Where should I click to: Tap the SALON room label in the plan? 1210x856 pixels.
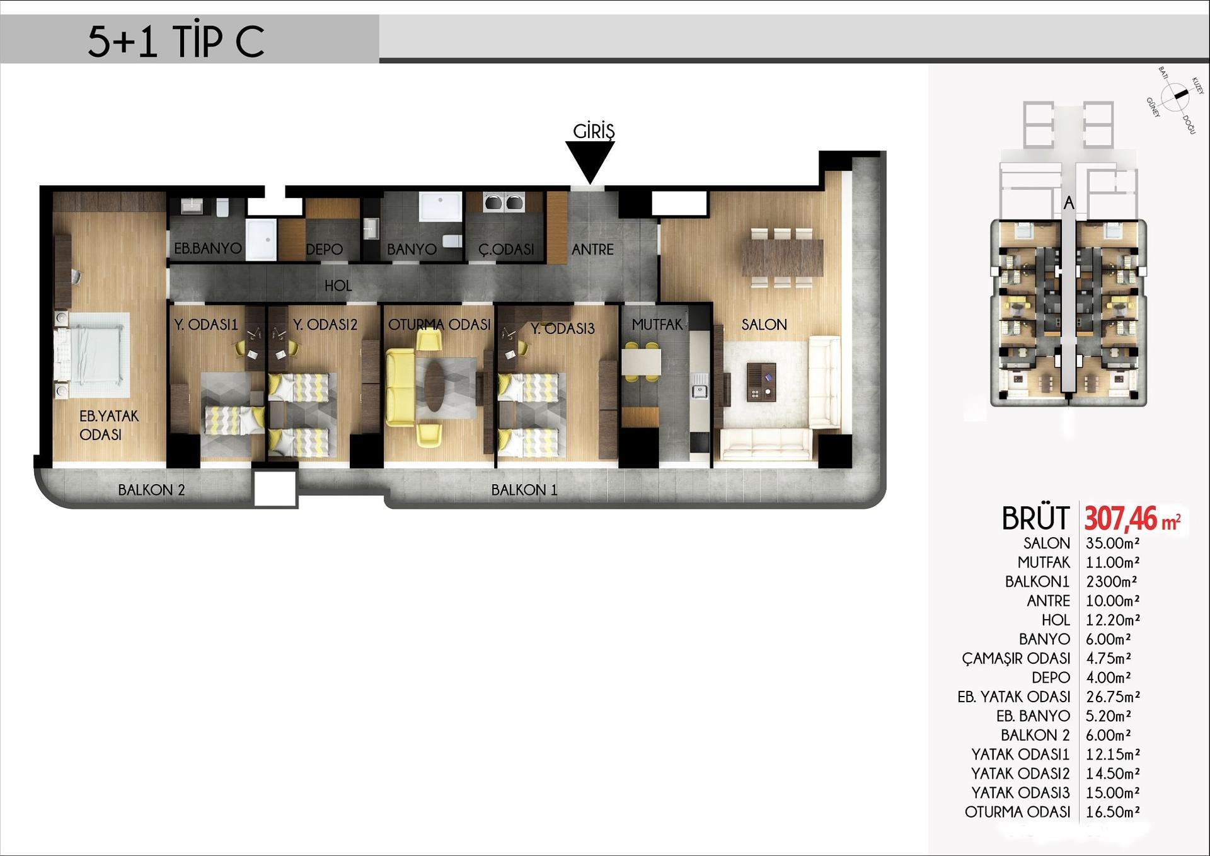point(764,325)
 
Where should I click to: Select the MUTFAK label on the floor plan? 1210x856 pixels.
point(657,325)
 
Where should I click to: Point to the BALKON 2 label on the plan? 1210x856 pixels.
point(151,490)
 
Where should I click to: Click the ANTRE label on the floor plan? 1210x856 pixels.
point(592,250)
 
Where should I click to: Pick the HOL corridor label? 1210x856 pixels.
point(338,286)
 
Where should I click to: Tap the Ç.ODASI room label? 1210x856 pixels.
point(506,250)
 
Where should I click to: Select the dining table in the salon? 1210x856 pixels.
point(782,258)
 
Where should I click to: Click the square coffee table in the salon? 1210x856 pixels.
point(761,382)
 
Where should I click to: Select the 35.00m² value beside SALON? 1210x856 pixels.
point(1112,543)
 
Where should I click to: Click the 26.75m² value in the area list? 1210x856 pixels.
point(1113,697)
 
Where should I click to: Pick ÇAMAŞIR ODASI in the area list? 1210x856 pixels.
point(1016,658)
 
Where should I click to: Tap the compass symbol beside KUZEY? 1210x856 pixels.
point(1175,96)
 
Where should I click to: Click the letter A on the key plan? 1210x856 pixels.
point(1069,203)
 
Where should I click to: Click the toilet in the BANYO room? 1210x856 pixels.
point(452,241)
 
